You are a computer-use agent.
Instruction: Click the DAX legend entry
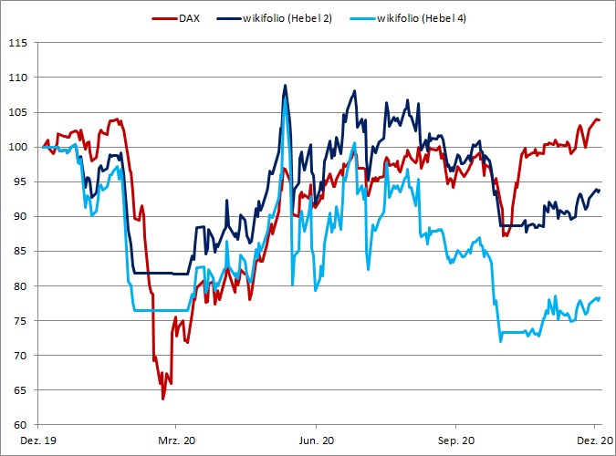(x=188, y=18)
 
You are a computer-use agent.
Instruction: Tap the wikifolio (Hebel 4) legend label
(x=423, y=18)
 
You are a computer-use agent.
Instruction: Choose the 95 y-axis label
(x=21, y=181)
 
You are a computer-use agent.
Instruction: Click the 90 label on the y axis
(x=21, y=216)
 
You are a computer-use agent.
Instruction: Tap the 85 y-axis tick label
(x=21, y=251)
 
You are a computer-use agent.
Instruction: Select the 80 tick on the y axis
(x=21, y=285)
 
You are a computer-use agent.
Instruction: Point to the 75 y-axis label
(x=21, y=320)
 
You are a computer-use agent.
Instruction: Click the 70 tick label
(x=21, y=355)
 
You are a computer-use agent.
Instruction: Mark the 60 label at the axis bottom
(x=21, y=424)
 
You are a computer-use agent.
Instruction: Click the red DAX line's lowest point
(x=163, y=399)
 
